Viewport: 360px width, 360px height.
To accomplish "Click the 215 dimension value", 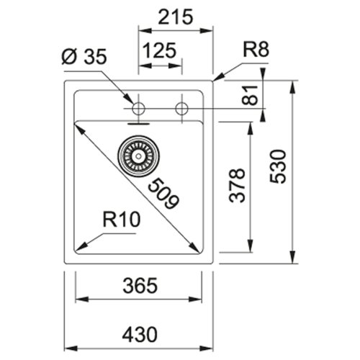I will (x=176, y=18).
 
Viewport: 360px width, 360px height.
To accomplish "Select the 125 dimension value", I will (x=160, y=53).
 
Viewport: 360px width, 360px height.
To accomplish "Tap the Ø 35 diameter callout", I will (x=84, y=56).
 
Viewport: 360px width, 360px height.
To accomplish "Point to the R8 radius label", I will (x=255, y=50).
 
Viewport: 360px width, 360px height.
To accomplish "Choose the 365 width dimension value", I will (x=138, y=286).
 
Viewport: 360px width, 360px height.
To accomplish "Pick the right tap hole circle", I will (x=182, y=109).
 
